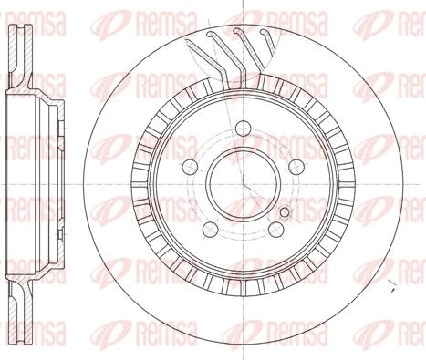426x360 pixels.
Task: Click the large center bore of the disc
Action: pyautogui.click(x=244, y=183)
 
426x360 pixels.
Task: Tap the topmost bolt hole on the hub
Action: pyautogui.click(x=244, y=129)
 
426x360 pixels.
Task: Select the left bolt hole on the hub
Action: pyautogui.click(x=190, y=167)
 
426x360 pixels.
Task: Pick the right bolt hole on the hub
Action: pyautogui.click(x=296, y=167)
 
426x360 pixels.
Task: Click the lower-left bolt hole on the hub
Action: pyautogui.click(x=211, y=230)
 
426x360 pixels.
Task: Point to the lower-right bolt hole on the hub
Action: pyautogui.click(x=276, y=230)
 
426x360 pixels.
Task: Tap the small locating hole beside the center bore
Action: pyautogui.click(x=285, y=212)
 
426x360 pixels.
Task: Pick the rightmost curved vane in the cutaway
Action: pyautogui.click(x=267, y=39)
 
